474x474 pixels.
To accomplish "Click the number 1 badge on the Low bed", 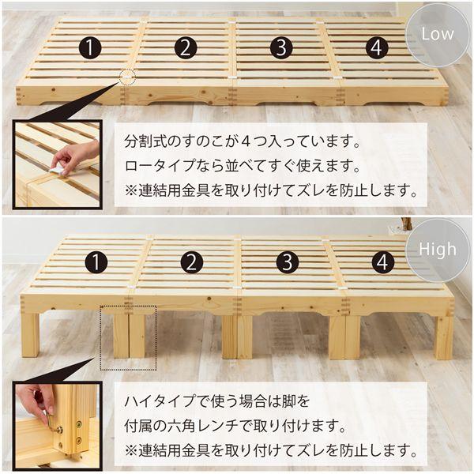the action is click(90, 47).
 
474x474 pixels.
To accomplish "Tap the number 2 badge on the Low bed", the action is click(186, 47).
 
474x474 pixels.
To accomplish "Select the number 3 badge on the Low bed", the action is click(281, 47).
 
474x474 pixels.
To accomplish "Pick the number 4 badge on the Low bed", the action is click(377, 47).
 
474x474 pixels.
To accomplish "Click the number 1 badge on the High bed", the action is click(96, 261).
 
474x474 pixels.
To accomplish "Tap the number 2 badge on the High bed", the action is click(192, 261).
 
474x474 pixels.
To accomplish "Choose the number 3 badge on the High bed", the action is click(288, 261).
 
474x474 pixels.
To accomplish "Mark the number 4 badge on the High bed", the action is click(382, 261).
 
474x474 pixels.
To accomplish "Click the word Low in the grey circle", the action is click(438, 34).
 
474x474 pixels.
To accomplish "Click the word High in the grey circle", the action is click(438, 250).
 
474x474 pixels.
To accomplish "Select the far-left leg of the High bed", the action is click(30, 335).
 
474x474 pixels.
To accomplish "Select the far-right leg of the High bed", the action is click(444, 338).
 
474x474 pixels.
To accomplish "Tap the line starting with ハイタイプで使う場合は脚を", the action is click(217, 401).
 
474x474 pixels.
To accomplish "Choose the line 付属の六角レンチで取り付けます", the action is click(235, 426).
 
